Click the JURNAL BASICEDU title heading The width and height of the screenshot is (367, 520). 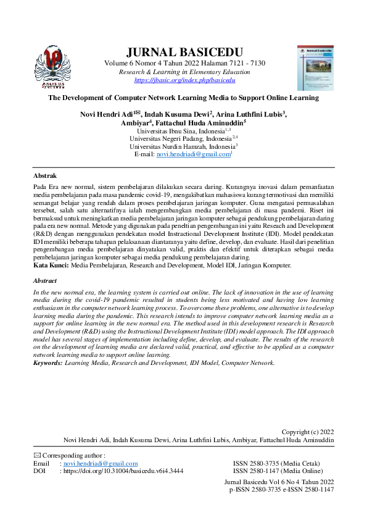click(x=184, y=51)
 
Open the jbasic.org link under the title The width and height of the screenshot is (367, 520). click(x=184, y=80)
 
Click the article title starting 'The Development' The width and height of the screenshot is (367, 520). click(x=183, y=98)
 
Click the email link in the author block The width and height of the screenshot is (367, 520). click(x=193, y=154)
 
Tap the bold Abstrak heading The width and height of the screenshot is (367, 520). click(x=44, y=176)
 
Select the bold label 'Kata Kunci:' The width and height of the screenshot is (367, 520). click(x=51, y=265)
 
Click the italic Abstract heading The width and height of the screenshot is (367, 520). click(x=45, y=281)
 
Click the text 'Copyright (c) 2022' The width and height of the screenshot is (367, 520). click(x=307, y=432)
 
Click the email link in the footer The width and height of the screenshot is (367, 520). click(x=101, y=463)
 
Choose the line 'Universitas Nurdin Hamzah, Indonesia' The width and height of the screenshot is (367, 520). click(x=183, y=146)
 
